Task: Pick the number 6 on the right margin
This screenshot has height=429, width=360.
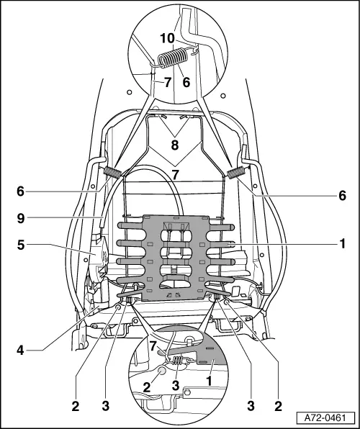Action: (343, 195)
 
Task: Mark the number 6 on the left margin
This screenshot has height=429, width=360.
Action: (21, 191)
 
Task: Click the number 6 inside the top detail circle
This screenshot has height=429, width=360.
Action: (186, 83)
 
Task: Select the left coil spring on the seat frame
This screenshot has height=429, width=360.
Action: (114, 173)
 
